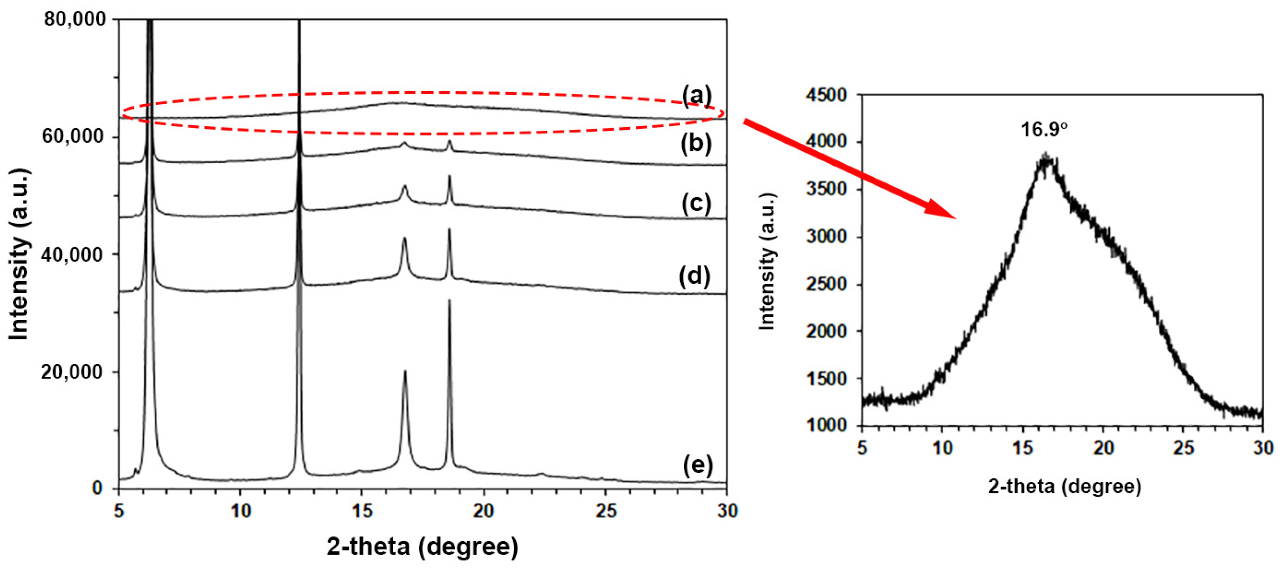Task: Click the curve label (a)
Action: [696, 96]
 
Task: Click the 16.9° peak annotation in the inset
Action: [1044, 129]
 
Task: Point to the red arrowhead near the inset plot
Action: [943, 211]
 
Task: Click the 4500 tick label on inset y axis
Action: [826, 95]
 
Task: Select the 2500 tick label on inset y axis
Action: [826, 284]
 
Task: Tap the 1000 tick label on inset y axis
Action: [826, 425]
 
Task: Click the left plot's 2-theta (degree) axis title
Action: [422, 546]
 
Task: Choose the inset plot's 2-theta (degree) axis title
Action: [1065, 486]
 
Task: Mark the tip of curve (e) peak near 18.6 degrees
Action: [449, 300]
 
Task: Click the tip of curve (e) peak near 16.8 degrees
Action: [405, 371]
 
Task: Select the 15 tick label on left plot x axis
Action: [362, 511]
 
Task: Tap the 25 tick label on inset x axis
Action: [1183, 448]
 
